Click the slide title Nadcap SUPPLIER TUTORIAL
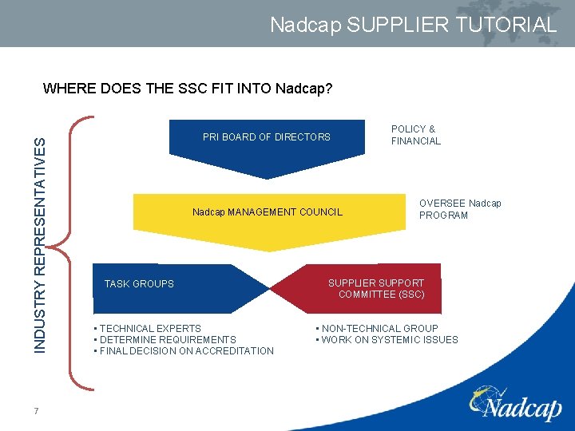[x=413, y=25]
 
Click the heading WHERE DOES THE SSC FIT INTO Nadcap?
[x=188, y=88]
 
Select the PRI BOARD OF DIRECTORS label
[x=266, y=137]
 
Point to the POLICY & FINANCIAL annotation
[x=415, y=135]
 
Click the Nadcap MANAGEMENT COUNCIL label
[x=268, y=212]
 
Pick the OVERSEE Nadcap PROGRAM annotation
[x=460, y=209]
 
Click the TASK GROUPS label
[x=139, y=284]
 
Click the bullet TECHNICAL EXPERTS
[x=149, y=328]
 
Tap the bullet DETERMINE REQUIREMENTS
[x=166, y=339]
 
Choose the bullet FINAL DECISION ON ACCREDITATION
[x=184, y=351]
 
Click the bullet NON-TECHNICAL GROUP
[x=379, y=328]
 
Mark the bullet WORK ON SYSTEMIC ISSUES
[x=388, y=340]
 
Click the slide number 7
[x=37, y=411]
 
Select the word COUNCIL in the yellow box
[x=321, y=212]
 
